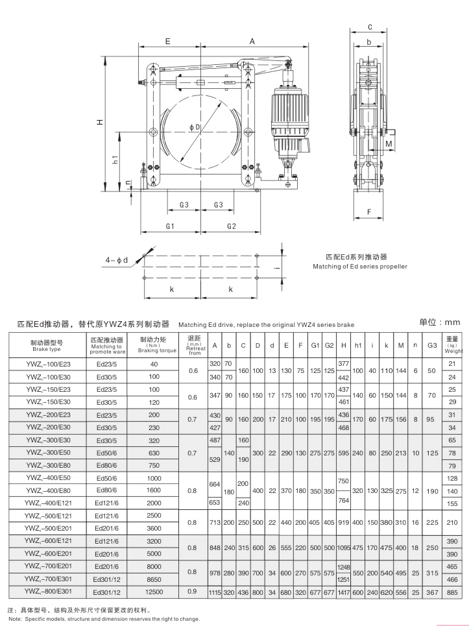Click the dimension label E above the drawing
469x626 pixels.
167,41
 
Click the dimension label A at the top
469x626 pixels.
252,41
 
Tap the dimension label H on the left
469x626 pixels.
99,122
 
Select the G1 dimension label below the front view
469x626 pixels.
170,226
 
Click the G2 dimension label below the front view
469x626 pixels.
232,226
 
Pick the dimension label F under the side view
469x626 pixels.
369,211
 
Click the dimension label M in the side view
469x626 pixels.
389,143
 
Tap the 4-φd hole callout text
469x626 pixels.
118,260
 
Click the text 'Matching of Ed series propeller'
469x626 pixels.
360,267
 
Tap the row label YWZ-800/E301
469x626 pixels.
47,592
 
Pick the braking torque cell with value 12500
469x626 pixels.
153,592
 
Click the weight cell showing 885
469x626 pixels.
452,592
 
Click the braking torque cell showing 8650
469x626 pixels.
153,579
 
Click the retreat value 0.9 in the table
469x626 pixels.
193,592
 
